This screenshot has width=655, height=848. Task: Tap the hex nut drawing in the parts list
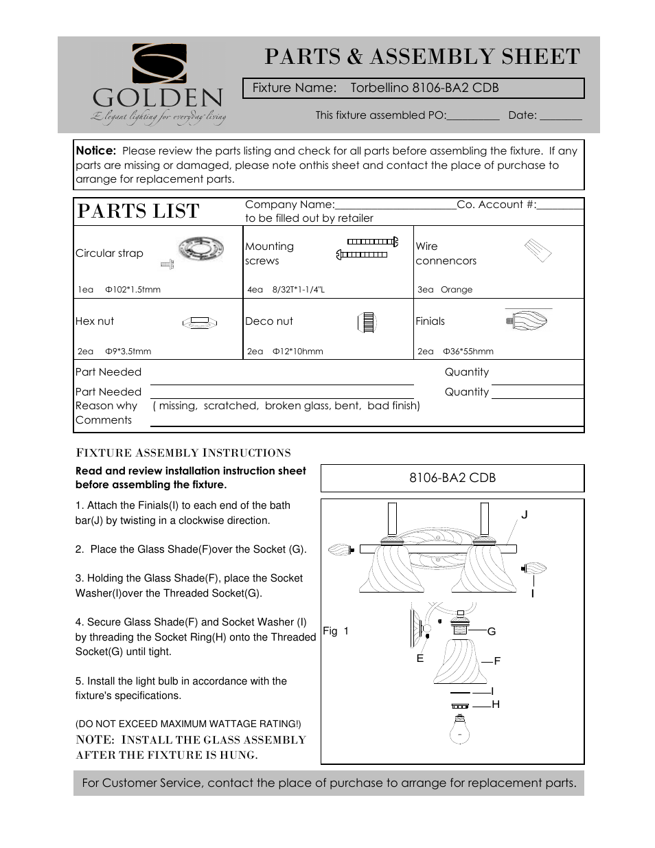coord(200,322)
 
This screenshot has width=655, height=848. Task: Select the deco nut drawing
coord(367,322)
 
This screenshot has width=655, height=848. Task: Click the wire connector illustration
coord(538,251)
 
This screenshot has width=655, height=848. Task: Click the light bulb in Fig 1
coord(459,730)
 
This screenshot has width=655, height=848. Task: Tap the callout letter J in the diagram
coord(525,515)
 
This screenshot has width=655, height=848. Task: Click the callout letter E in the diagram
coord(420,658)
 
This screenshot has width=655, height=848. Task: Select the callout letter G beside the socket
coord(492,631)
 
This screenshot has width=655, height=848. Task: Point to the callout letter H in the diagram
coord(496,704)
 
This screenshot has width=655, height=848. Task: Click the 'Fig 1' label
coord(336,631)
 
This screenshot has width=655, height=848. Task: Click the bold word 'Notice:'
coord(95,150)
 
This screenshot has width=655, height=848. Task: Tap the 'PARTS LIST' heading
coord(138,211)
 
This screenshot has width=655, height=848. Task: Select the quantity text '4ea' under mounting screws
coord(255,290)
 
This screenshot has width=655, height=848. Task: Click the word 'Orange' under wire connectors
coord(457,290)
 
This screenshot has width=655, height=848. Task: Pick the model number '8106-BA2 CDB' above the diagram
coord(452,478)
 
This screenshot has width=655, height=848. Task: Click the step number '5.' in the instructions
coord(80,681)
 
